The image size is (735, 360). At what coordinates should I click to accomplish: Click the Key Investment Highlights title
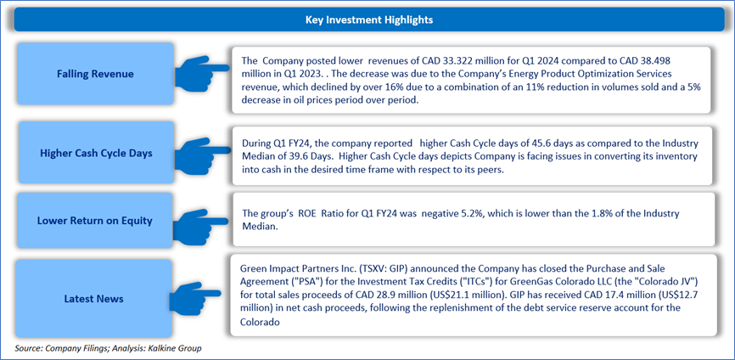pos(369,20)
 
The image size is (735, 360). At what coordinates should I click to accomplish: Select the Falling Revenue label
pos(95,74)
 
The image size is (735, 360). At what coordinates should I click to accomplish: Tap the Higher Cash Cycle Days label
pos(95,154)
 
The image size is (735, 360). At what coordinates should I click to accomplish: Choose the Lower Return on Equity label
pos(95,220)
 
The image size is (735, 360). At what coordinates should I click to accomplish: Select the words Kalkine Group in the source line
pos(179,349)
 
